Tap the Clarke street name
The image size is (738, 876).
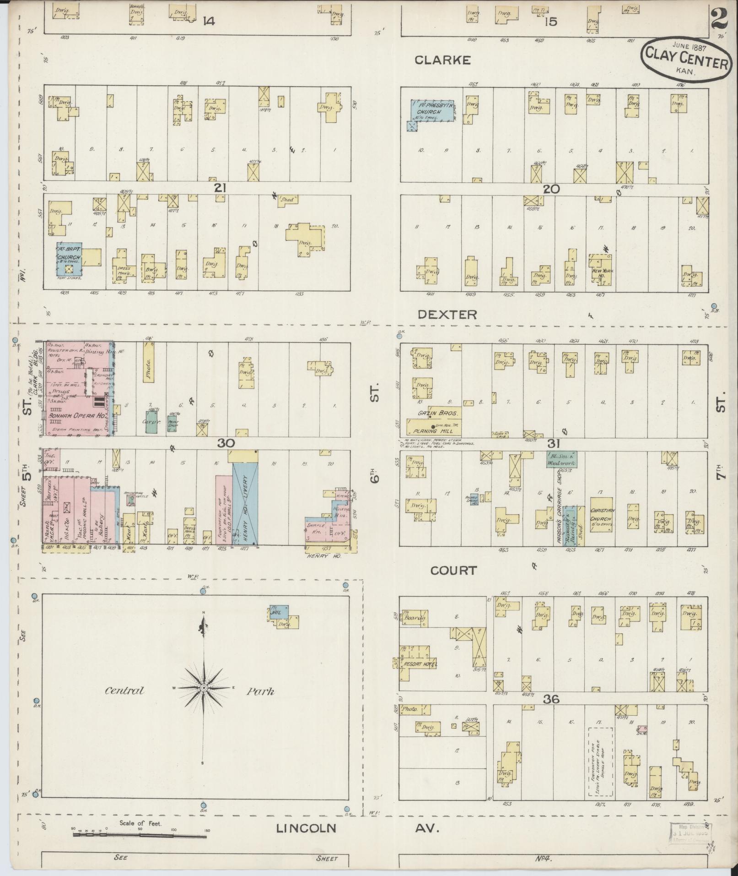(x=442, y=60)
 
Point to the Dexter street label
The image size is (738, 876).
(x=447, y=315)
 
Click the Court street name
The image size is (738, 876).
(x=453, y=570)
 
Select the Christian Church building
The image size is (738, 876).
(x=602, y=514)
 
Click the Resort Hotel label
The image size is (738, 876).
(x=420, y=664)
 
